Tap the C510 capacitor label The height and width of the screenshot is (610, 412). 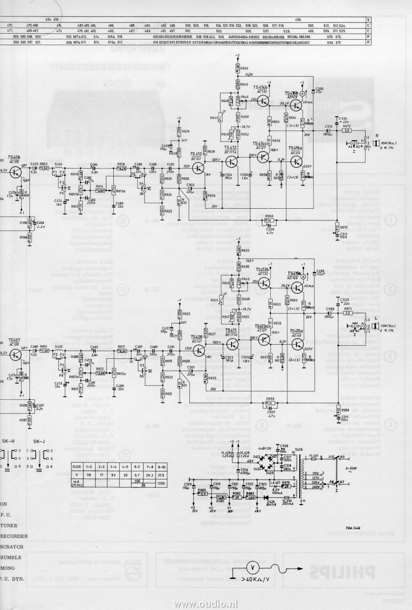click(329, 126)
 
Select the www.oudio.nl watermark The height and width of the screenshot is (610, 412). click(206, 604)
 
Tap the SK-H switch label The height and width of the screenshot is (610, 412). click(9, 441)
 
